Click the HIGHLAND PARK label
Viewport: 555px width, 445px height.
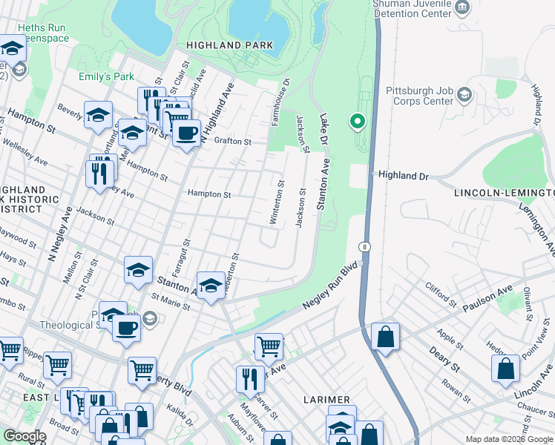[x=229, y=45]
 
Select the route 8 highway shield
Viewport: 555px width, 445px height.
[x=364, y=246]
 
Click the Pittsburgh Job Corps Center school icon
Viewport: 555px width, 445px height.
[x=464, y=94]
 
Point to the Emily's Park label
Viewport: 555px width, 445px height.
[x=106, y=76]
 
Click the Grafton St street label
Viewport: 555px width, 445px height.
[x=233, y=141]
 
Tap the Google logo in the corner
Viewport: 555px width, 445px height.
[x=24, y=436]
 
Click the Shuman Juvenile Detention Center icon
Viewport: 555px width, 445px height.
[x=463, y=8]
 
